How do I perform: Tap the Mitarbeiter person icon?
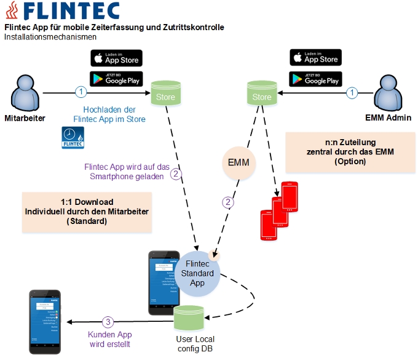[25, 93]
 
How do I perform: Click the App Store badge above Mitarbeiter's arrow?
[116, 58]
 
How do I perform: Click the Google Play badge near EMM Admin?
[315, 79]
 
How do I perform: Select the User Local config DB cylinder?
[191, 319]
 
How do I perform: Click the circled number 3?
[108, 321]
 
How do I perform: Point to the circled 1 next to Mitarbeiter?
[81, 92]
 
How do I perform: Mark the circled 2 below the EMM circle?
[229, 202]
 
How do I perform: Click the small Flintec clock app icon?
[73, 137]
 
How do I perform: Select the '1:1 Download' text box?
[87, 210]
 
